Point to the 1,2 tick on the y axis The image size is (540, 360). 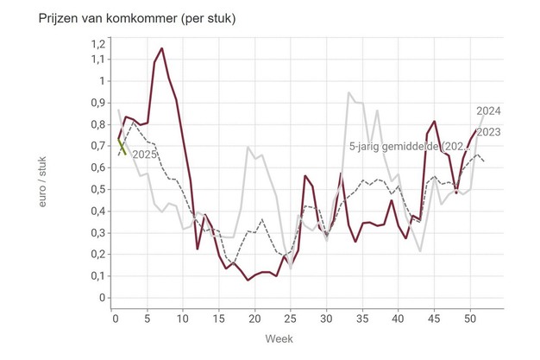click(x=97, y=44)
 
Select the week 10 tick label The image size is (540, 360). click(x=182, y=318)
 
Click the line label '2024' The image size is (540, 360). click(x=489, y=111)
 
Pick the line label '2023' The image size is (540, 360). click(x=489, y=132)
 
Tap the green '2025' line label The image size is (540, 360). click(x=145, y=155)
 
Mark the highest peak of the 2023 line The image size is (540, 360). click(x=161, y=48)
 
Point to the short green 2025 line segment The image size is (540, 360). click(x=122, y=145)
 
